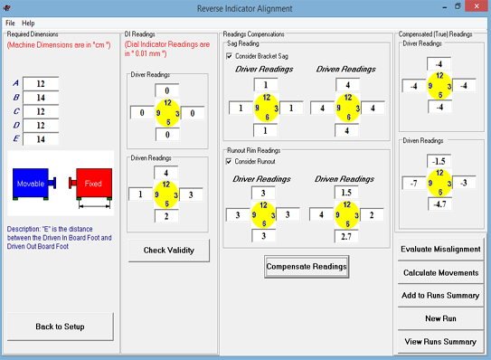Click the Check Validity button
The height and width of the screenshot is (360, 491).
[169, 251]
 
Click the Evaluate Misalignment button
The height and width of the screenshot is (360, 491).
[440, 249]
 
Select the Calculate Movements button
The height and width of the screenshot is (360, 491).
[440, 272]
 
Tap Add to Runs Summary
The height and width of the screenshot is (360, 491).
[440, 296]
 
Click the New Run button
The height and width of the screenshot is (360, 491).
[440, 318]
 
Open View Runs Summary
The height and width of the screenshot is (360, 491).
[440, 342]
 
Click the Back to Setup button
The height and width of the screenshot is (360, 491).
[60, 327]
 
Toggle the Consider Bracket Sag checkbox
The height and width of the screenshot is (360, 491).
[229, 56]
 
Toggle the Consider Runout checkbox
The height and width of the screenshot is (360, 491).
[229, 161]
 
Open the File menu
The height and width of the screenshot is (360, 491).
[10, 23]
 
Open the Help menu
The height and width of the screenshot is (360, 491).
[28, 23]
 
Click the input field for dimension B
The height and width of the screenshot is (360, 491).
[41, 98]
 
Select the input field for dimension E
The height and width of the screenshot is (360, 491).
[41, 139]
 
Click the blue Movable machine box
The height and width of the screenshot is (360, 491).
[31, 183]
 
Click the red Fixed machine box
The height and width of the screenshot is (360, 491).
[94, 183]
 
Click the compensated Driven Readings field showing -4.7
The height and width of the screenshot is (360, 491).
[440, 204]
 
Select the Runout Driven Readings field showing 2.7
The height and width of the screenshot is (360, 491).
[346, 237]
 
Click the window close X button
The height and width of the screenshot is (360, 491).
[477, 6]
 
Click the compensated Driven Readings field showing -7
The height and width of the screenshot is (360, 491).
[414, 183]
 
